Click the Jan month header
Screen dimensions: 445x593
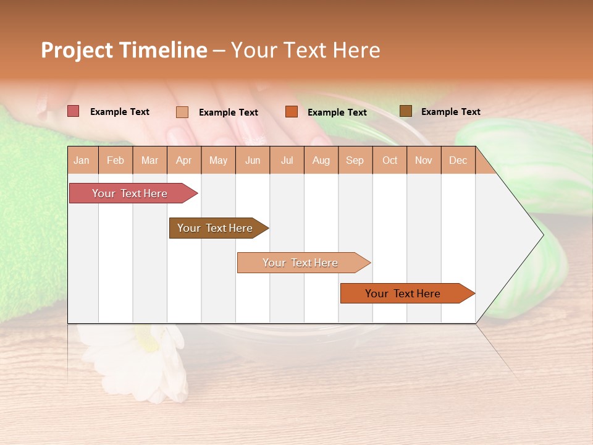click(x=82, y=161)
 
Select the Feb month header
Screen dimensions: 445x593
click(x=116, y=161)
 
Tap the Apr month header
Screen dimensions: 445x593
click(x=184, y=161)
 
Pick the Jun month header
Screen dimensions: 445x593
click(x=253, y=161)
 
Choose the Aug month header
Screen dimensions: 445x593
click(x=321, y=161)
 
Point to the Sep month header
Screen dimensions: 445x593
click(x=355, y=161)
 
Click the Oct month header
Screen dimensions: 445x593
click(x=390, y=161)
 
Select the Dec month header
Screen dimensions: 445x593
click(x=458, y=161)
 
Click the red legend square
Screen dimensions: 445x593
click(x=74, y=111)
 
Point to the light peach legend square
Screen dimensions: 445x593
click(x=182, y=112)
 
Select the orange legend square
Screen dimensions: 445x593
click(x=292, y=112)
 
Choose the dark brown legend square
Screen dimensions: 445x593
click(x=406, y=111)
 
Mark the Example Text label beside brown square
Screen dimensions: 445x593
click(x=450, y=112)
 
